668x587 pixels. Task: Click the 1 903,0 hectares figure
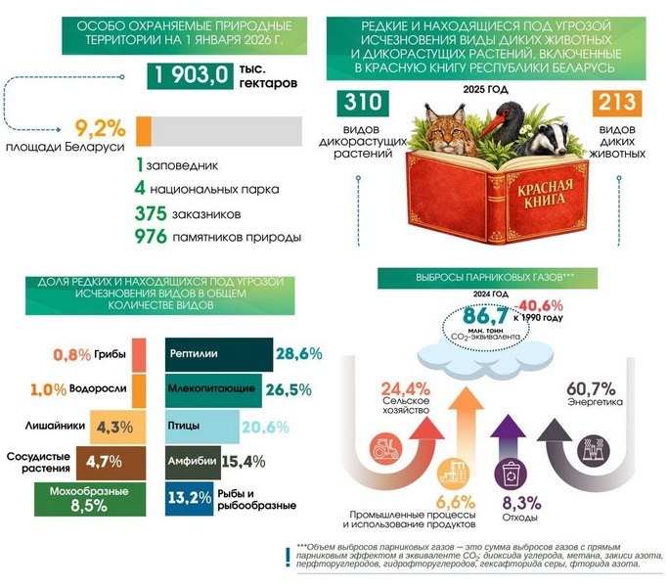point(190,76)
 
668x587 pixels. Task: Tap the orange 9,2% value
point(101,128)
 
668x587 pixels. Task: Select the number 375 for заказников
point(151,213)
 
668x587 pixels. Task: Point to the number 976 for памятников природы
point(151,237)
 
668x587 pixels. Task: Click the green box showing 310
point(363,103)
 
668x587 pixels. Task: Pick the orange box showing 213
point(617,103)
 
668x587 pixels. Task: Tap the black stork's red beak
point(493,124)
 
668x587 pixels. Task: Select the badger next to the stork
point(543,139)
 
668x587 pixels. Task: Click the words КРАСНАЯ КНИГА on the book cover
point(545,194)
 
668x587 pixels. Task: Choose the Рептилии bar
point(219,355)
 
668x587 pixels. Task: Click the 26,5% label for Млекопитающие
point(289,390)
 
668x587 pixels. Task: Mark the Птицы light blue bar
point(202,427)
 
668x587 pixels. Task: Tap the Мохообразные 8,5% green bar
point(90,499)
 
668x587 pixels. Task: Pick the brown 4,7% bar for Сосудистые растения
point(111,463)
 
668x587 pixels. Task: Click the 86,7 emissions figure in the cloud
point(485,316)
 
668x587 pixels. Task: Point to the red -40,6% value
point(539,305)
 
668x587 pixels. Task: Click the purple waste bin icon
point(511,474)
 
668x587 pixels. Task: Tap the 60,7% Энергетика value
point(591,388)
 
